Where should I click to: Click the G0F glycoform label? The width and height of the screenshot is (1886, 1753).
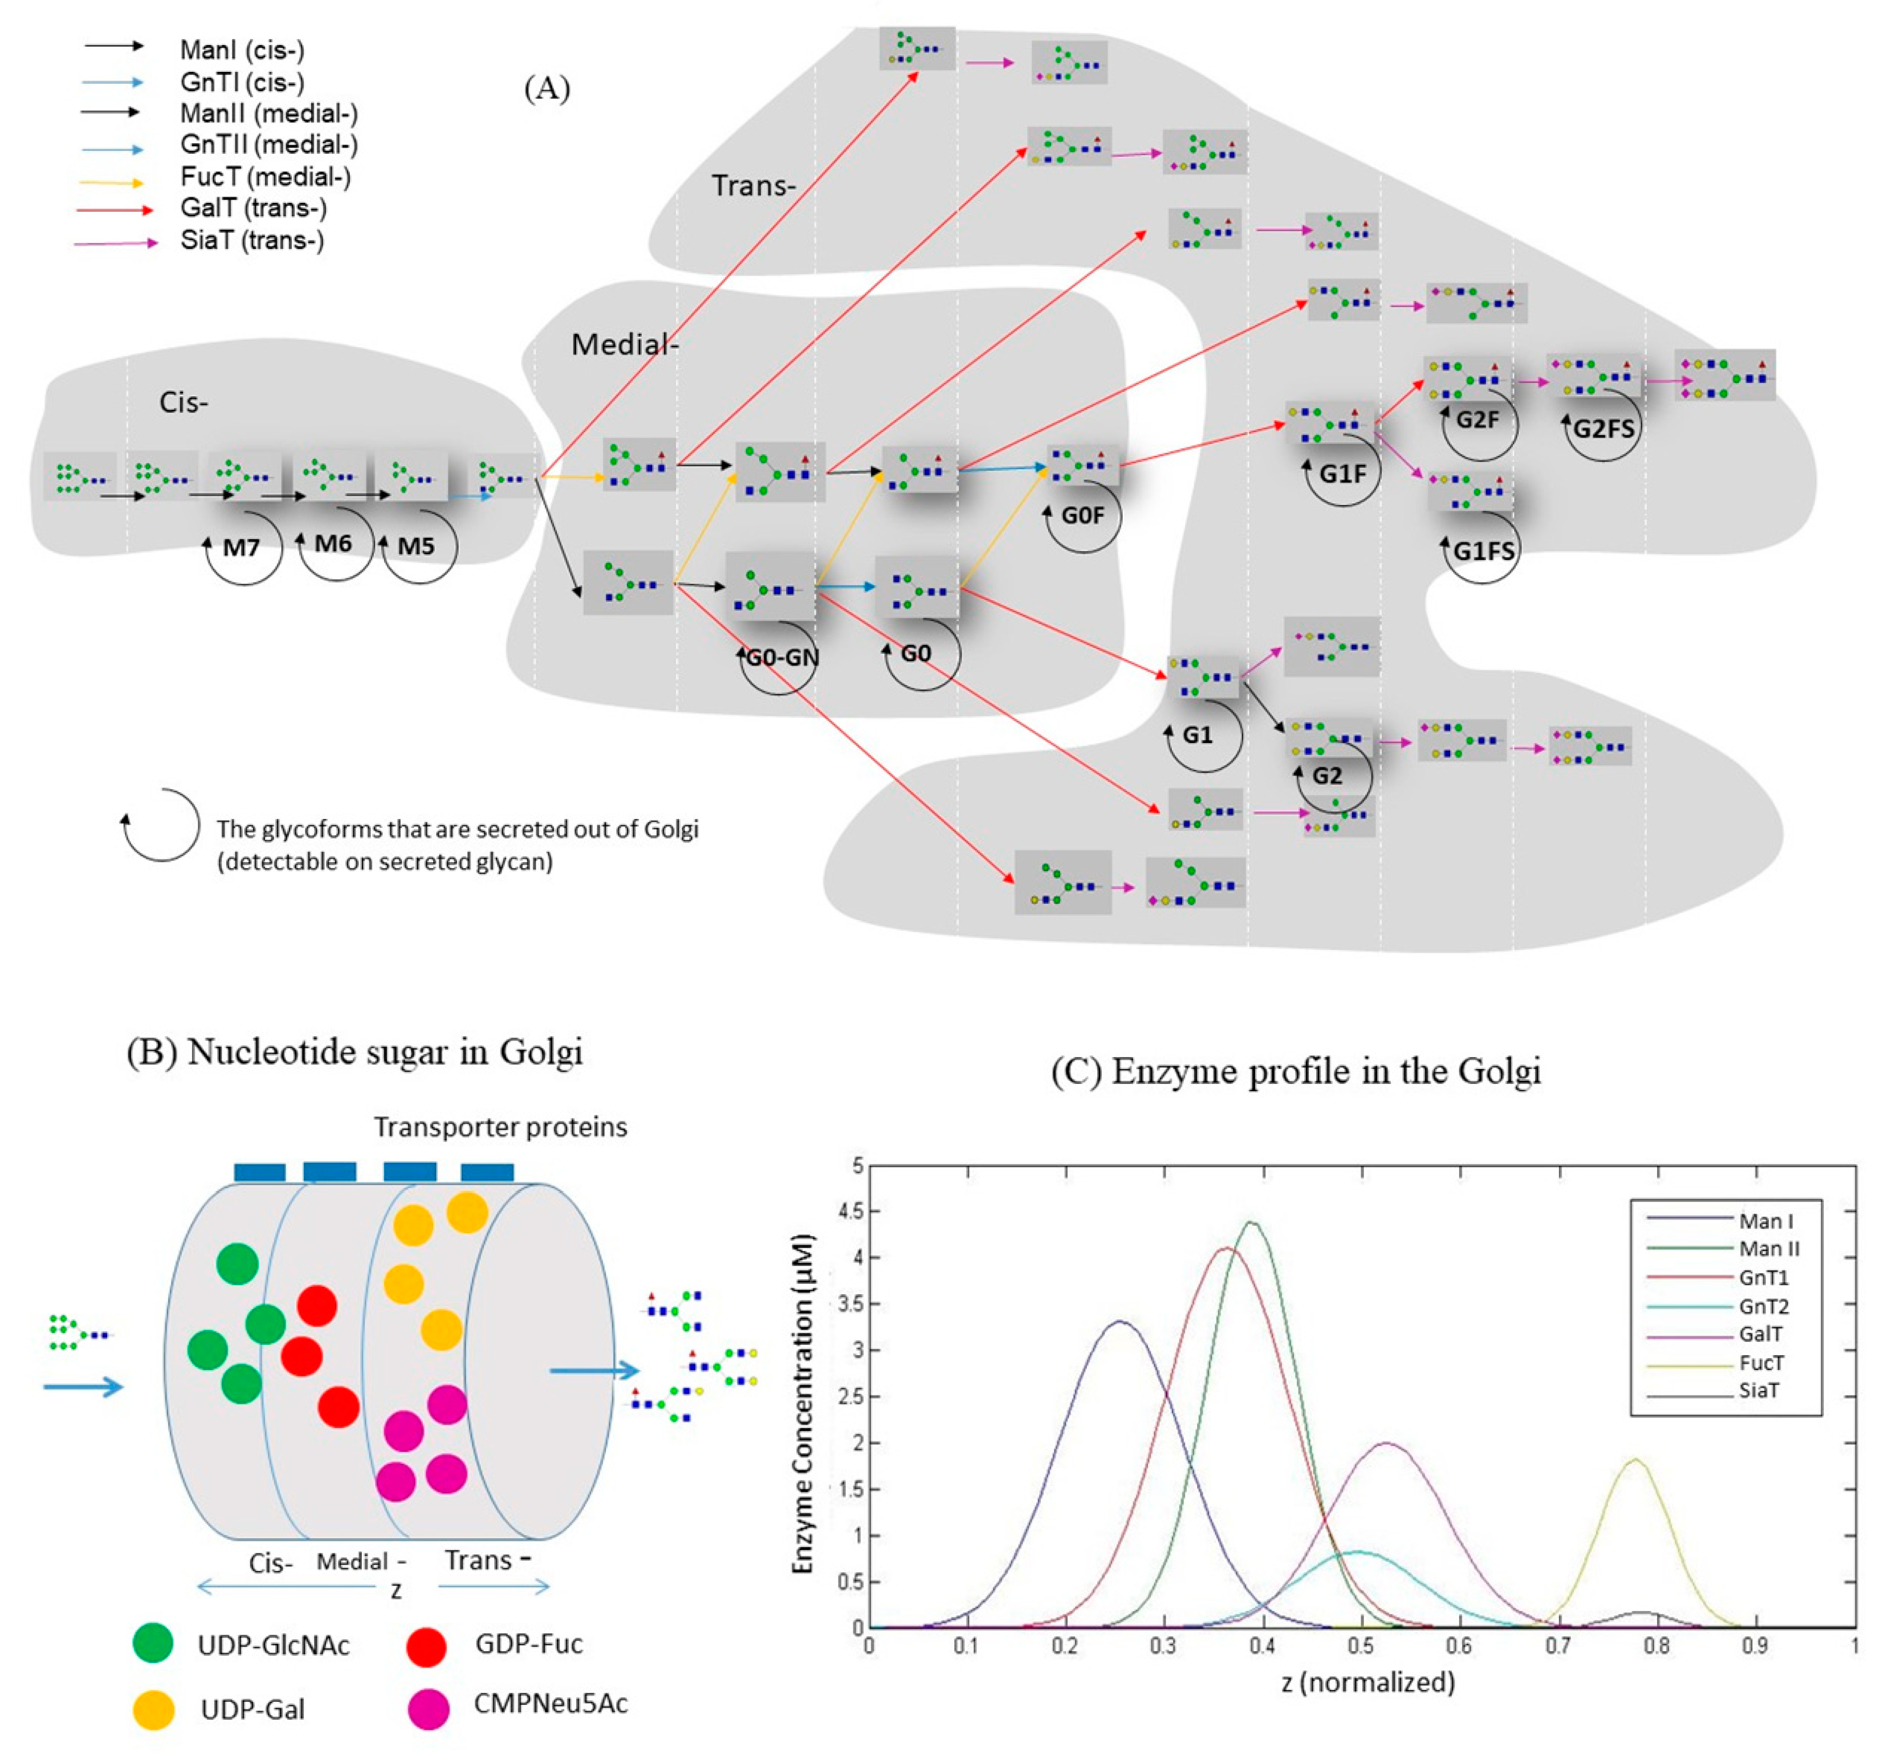1082,515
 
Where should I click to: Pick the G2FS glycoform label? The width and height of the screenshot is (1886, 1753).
1603,429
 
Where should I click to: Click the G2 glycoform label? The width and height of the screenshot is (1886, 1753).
1327,776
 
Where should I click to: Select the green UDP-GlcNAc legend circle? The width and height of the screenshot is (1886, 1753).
153,1643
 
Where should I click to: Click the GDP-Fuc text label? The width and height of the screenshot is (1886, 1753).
528,1643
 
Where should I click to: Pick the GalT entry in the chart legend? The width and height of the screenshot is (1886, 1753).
1760,1334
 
